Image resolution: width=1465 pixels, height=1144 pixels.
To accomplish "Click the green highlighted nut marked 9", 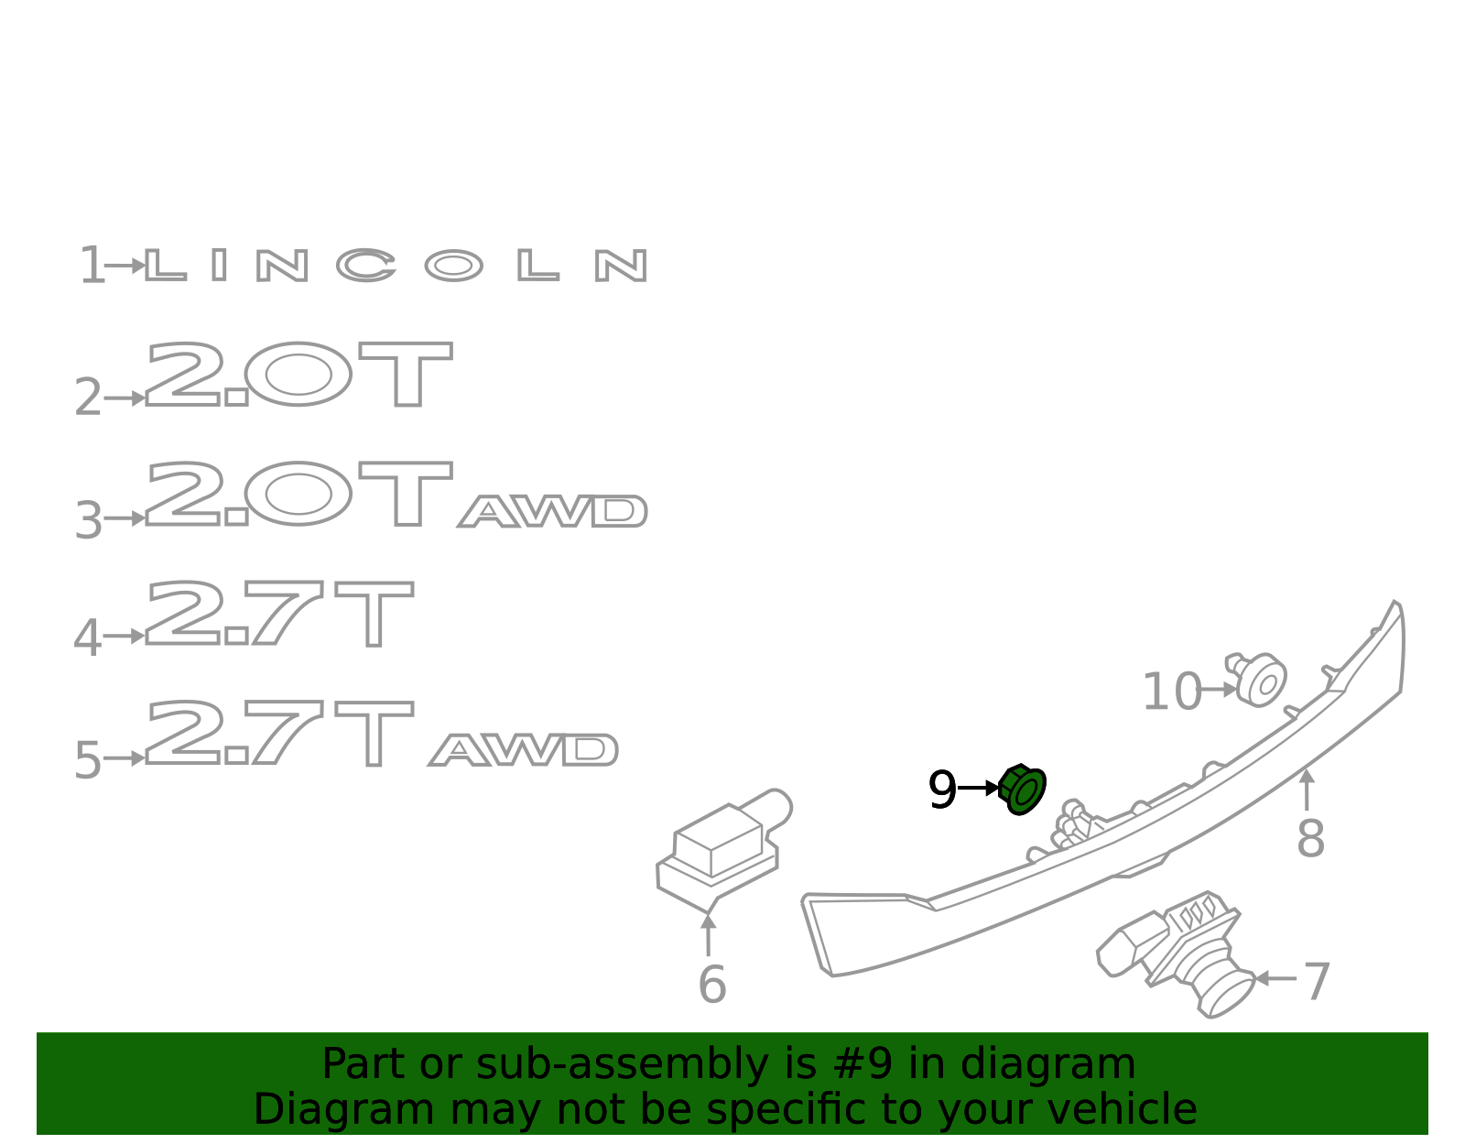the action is pyautogui.click(x=1022, y=790).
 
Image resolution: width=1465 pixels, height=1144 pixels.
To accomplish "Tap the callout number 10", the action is pyautogui.click(x=1172, y=692).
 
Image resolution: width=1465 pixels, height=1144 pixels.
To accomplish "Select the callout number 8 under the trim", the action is pyautogui.click(x=1310, y=839).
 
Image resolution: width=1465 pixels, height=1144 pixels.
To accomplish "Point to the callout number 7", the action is pyautogui.click(x=1317, y=982).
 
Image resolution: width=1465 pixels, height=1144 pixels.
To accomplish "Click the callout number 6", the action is pyautogui.click(x=712, y=985).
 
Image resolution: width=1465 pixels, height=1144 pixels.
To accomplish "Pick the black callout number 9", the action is pyautogui.click(x=942, y=790).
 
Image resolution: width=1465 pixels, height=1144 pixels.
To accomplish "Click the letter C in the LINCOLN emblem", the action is pyautogui.click(x=366, y=265).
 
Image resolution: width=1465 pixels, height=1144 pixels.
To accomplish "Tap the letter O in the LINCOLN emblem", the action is pyautogui.click(x=454, y=266).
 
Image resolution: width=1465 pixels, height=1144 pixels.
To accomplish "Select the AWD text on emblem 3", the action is pyautogui.click(x=553, y=511).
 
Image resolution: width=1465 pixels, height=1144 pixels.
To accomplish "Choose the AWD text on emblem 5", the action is pyautogui.click(x=523, y=749).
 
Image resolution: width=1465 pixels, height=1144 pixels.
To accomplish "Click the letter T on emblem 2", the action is pyautogui.click(x=406, y=374).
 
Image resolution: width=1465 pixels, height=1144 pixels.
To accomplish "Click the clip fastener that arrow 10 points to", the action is pyautogui.click(x=1257, y=680).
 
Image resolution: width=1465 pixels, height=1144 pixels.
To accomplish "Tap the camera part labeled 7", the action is pyautogui.click(x=1177, y=953).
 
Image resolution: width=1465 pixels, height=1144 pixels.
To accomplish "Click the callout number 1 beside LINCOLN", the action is pyautogui.click(x=92, y=265).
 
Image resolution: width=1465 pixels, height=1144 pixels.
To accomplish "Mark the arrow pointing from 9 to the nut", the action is pyautogui.click(x=978, y=788).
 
